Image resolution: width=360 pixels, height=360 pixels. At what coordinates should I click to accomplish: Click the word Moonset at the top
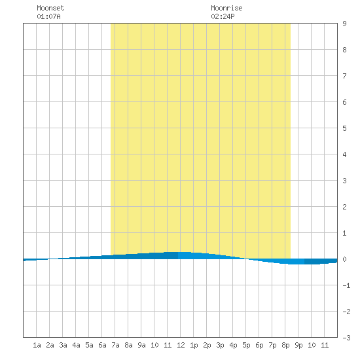[50, 8]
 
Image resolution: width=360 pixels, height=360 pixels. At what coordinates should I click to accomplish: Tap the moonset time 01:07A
[48, 16]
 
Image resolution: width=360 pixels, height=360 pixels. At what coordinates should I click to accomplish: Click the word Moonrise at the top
[226, 8]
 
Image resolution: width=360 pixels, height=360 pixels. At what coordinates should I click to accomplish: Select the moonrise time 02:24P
[223, 16]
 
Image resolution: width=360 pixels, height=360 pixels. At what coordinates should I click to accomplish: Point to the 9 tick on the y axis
[344, 24]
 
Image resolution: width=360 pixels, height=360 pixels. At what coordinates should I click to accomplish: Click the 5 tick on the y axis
[344, 128]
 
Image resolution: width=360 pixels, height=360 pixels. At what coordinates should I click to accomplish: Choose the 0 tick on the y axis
[344, 259]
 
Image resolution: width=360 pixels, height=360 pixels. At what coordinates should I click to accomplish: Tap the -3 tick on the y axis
[346, 338]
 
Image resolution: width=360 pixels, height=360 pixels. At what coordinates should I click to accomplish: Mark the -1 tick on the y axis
[346, 285]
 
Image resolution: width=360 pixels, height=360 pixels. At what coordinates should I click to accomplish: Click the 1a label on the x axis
[37, 345]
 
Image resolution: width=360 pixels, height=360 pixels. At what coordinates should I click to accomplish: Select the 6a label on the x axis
[102, 345]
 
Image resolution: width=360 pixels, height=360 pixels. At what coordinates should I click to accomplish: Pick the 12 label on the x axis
[181, 345]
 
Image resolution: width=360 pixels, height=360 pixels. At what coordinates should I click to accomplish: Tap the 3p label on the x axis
[220, 345]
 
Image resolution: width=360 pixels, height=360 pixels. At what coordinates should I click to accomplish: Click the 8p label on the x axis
[285, 345]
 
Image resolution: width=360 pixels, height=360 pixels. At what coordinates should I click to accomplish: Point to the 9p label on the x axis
[298, 345]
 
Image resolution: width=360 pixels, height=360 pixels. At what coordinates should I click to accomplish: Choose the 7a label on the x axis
[115, 345]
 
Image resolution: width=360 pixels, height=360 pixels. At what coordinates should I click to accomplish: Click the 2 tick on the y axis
[344, 207]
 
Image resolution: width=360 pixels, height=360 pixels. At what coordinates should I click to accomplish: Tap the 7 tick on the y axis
[344, 76]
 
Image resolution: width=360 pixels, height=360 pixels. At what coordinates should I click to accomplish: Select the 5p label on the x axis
[246, 345]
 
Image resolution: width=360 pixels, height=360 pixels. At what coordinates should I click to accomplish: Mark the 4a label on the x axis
[76, 345]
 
